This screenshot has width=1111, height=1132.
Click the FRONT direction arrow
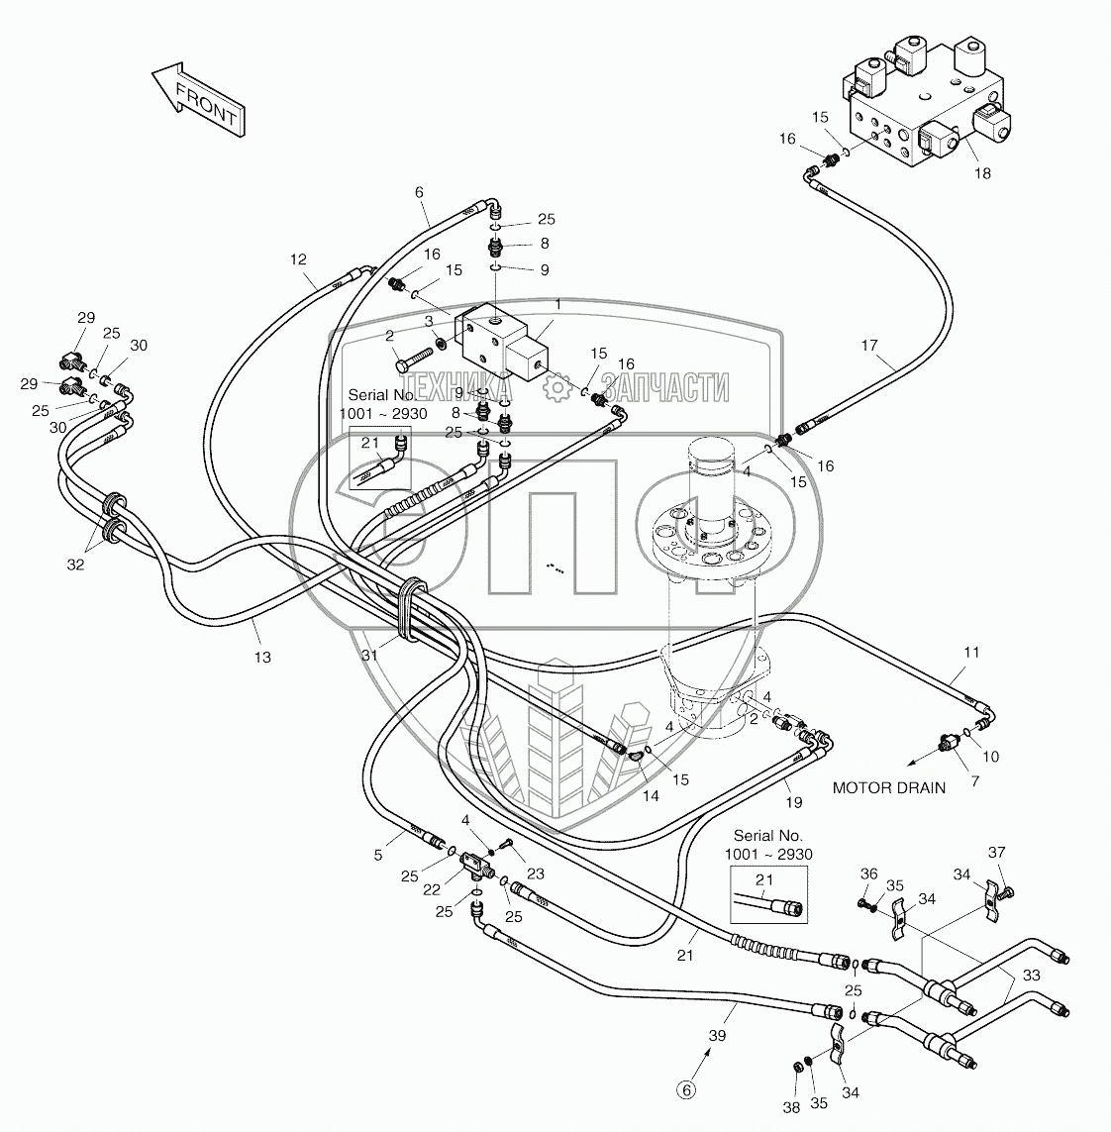pyautogui.click(x=198, y=99)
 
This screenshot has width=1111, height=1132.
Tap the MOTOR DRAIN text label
pyautogui.click(x=888, y=787)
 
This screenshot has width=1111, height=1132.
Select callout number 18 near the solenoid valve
pyautogui.click(x=982, y=173)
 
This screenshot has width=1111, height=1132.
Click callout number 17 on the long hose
pyautogui.click(x=869, y=345)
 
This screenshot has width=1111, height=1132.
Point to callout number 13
pyautogui.click(x=262, y=657)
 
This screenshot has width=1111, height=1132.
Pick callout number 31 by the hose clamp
pyautogui.click(x=369, y=655)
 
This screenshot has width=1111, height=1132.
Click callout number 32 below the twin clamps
pyautogui.click(x=76, y=565)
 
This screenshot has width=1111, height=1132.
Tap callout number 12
pyautogui.click(x=298, y=259)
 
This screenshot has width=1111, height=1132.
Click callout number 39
pyautogui.click(x=717, y=1035)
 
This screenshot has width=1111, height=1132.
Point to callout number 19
pyautogui.click(x=793, y=802)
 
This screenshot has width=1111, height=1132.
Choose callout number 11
pyautogui.click(x=971, y=652)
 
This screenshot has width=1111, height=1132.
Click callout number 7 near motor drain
pyautogui.click(x=975, y=780)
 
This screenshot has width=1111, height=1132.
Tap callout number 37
pyautogui.click(x=996, y=852)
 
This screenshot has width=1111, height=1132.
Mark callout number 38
pyautogui.click(x=791, y=1107)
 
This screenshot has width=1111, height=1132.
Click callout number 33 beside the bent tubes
pyautogui.click(x=1032, y=976)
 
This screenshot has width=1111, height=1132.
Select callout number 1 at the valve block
pyautogui.click(x=557, y=305)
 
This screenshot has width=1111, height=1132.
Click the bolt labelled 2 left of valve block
pyautogui.click(x=414, y=359)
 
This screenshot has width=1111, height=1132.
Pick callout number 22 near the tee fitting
pyautogui.click(x=432, y=889)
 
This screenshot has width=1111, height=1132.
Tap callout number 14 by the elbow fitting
pyautogui.click(x=651, y=795)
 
